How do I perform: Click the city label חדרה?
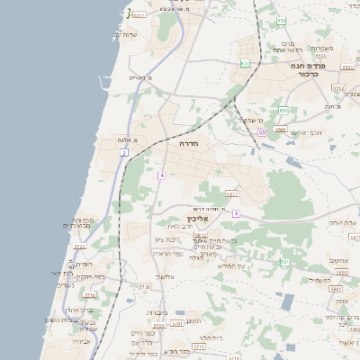(189, 144)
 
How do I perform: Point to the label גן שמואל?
(249, 120)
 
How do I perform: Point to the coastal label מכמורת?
(84, 221)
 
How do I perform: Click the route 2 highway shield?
(123, 153)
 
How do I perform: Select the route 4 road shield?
(161, 174)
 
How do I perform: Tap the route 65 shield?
(261, 131)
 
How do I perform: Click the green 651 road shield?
(245, 63)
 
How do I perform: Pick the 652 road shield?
(282, 21)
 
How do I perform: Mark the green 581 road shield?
(284, 262)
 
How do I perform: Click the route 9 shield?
(235, 213)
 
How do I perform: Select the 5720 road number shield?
(145, 287)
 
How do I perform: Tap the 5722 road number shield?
(79, 246)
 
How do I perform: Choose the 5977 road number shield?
(232, 193)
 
